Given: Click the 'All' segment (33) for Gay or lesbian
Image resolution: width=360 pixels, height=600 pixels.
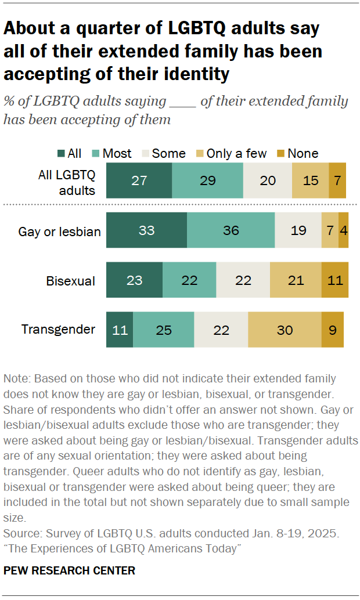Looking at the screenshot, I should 146,230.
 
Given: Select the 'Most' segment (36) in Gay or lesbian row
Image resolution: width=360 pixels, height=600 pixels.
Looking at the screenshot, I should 231,230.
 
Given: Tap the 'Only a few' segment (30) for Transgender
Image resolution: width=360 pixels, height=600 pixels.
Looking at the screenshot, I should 285,330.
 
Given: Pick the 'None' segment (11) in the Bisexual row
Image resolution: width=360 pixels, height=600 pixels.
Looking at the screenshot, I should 335,280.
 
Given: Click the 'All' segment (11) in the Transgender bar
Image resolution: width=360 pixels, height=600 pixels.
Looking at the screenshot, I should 120,330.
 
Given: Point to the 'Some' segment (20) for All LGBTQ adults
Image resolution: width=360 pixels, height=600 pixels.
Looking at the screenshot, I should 267,180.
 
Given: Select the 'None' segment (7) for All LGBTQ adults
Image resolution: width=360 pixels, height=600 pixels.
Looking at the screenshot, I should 337,180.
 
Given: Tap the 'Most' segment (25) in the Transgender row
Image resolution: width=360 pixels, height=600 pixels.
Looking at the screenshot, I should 163,330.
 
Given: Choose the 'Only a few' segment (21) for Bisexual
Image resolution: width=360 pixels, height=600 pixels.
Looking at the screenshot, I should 296,280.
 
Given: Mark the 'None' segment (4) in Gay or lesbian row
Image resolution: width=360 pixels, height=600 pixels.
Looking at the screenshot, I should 344,230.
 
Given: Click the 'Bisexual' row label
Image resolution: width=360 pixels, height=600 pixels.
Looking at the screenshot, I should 70,281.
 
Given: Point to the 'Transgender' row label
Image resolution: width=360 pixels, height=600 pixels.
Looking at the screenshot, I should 58,330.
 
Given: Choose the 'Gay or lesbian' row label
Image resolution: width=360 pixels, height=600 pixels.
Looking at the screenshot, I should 59,232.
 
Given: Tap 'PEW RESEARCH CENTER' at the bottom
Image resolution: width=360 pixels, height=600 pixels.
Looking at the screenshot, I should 69,570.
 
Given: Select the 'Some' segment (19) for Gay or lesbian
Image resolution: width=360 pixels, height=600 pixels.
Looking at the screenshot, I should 298,230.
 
